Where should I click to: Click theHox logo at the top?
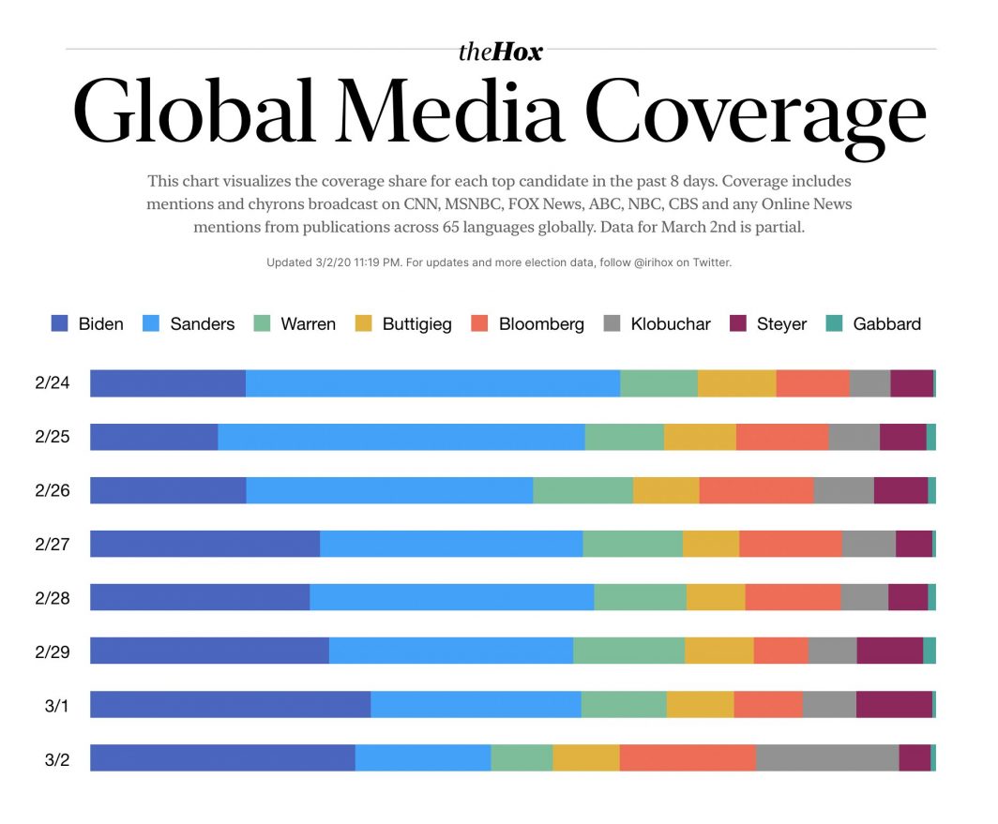pos(500,52)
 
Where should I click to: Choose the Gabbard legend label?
pos(886,324)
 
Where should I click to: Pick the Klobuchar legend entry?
pos(657,324)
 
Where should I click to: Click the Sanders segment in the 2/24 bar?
pos(432,383)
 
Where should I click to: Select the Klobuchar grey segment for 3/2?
pos(827,758)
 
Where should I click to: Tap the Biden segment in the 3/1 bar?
pos(230,705)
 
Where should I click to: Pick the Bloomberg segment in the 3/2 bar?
pos(688,758)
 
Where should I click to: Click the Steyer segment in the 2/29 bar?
pos(889,652)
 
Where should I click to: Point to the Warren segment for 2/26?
pos(582,491)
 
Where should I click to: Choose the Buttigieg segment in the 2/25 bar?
pos(700,438)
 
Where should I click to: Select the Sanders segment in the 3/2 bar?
pos(423,758)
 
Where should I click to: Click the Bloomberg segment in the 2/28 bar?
pos(793,598)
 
